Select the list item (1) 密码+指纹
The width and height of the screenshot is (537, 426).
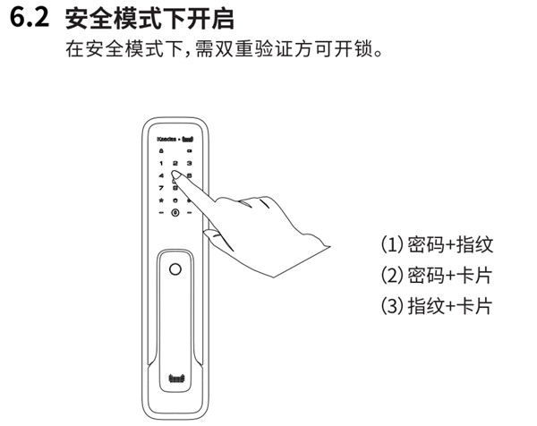click(437, 245)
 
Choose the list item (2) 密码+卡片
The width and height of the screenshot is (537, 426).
click(437, 276)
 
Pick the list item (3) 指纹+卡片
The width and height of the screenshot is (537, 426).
click(437, 306)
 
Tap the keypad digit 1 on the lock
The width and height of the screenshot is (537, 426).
click(160, 164)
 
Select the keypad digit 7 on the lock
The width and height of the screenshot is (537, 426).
click(160, 188)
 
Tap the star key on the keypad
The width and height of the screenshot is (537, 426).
click(160, 200)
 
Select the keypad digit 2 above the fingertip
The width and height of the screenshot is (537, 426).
click(175, 164)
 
